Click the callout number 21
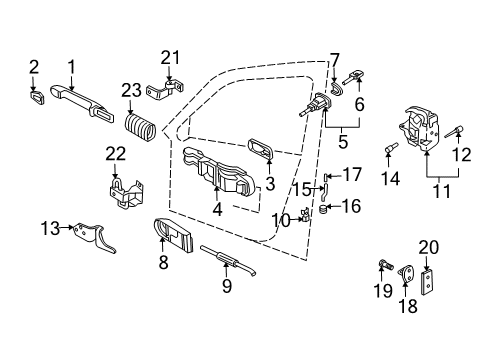[170, 58]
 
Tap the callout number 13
[50, 228]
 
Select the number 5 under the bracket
[343, 141]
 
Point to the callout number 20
[428, 247]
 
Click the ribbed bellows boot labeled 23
[141, 126]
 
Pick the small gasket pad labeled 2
[36, 97]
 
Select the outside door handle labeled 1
[82, 103]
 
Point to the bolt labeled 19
[386, 265]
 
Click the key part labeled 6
[353, 77]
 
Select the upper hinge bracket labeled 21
[165, 89]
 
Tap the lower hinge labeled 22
[126, 193]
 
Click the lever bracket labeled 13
[94, 238]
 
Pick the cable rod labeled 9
[228, 261]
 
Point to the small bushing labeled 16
[323, 210]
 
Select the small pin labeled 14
[391, 148]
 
